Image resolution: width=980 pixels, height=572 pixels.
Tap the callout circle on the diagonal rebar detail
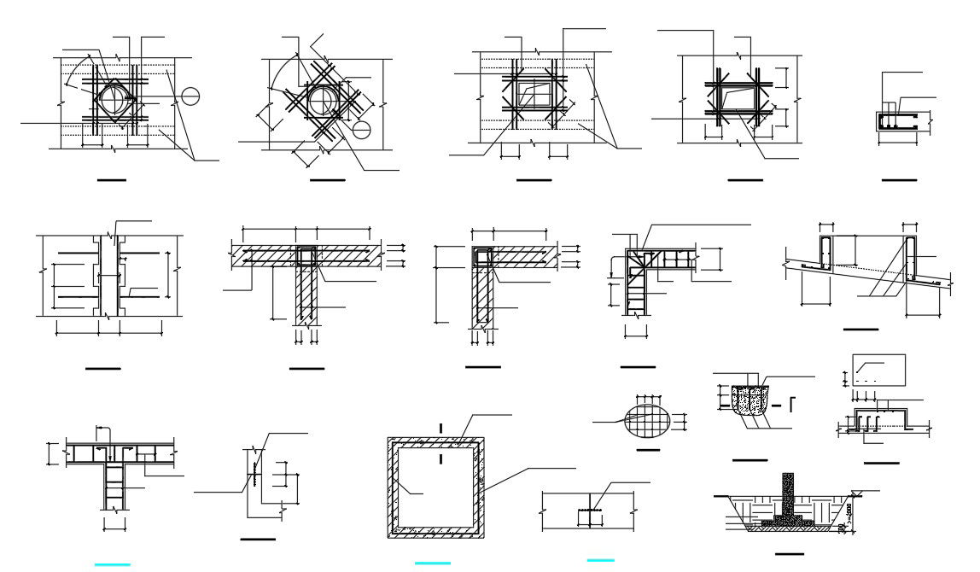pos(361,130)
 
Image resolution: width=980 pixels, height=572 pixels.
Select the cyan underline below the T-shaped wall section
pos(113,563)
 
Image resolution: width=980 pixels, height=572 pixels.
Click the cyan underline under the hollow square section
pos(432,563)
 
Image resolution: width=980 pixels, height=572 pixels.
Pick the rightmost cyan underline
pos(601,559)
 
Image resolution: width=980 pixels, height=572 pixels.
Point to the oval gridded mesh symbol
pos(647,421)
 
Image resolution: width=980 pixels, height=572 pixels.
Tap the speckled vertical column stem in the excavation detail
pos(788,491)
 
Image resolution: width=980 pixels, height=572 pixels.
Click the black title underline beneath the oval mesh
pos(648,449)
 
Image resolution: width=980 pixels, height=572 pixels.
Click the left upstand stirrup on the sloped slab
pos(826,254)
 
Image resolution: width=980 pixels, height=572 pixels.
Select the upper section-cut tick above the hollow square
pos(440,428)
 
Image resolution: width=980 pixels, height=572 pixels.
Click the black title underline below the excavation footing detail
pos(790,553)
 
